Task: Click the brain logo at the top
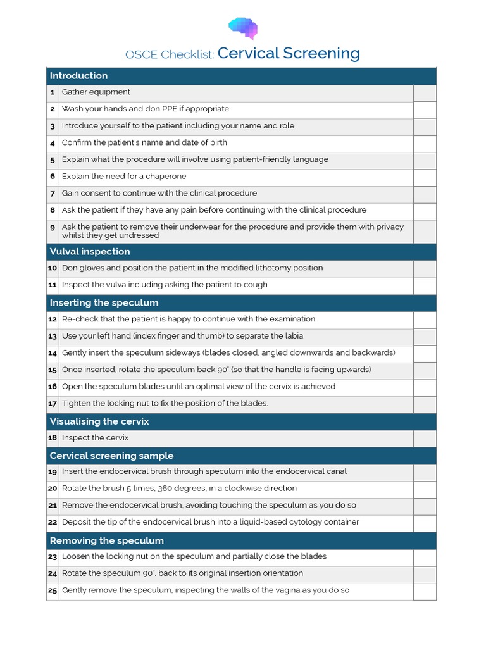click(243, 27)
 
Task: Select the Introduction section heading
click(78, 76)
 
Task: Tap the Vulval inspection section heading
click(90, 252)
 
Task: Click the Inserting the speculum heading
click(104, 303)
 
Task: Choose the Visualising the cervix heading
click(99, 421)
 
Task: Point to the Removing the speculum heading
click(106, 541)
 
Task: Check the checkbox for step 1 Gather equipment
click(425, 93)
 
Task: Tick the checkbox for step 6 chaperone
click(425, 178)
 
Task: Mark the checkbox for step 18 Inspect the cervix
click(425, 439)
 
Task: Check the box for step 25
click(425, 591)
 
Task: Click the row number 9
click(53, 227)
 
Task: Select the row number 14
click(53, 353)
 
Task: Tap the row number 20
click(53, 489)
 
